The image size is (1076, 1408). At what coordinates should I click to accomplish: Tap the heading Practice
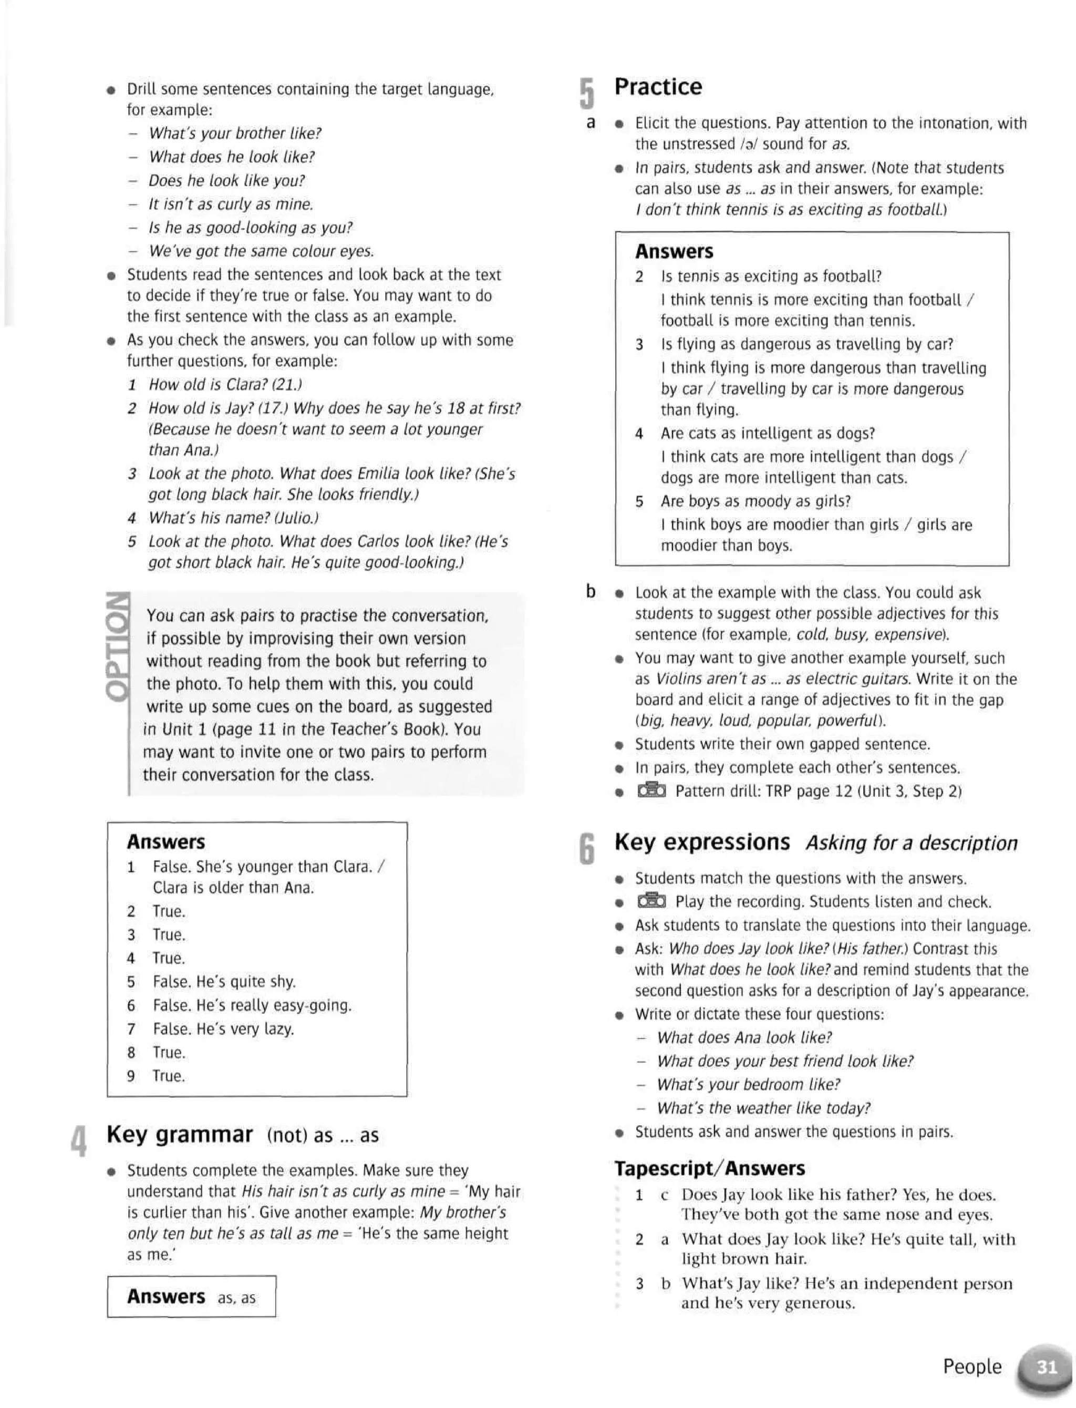[658, 87]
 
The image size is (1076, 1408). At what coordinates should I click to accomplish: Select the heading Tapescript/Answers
[709, 1168]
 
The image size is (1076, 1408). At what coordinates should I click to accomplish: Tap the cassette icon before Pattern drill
[651, 790]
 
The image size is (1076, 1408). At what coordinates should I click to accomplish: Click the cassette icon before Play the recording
[651, 901]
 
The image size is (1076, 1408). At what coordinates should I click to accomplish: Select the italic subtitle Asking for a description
[912, 843]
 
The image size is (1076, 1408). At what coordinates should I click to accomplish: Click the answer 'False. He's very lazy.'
[223, 1029]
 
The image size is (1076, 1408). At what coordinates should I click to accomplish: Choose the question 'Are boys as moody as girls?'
[755, 501]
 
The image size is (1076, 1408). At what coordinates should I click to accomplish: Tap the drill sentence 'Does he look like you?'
[227, 181]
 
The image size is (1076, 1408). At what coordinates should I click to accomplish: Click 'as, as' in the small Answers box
[236, 1298]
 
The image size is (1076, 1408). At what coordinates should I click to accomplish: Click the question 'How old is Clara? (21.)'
[225, 384]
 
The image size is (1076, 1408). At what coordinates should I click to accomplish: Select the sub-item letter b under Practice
[591, 591]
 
